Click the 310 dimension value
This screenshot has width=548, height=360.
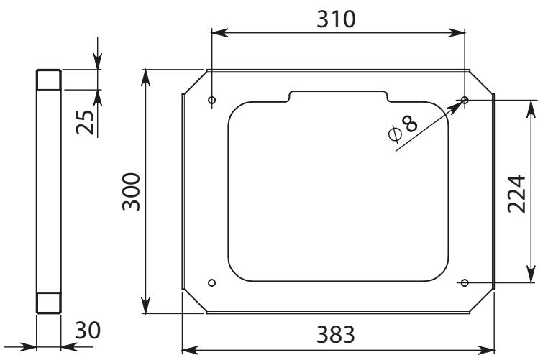coord(337,19)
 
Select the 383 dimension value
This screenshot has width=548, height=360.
coord(336,334)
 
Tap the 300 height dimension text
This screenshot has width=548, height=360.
coord(132,191)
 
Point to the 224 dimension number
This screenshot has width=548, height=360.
coord(516,193)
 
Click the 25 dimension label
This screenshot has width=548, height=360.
coord(86,122)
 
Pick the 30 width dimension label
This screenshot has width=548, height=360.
coord(88,331)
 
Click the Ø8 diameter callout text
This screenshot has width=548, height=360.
coord(403,129)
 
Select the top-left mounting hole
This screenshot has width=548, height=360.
coord(211,101)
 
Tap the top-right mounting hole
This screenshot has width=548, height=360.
coord(465,100)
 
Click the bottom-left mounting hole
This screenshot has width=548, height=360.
coord(211,282)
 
